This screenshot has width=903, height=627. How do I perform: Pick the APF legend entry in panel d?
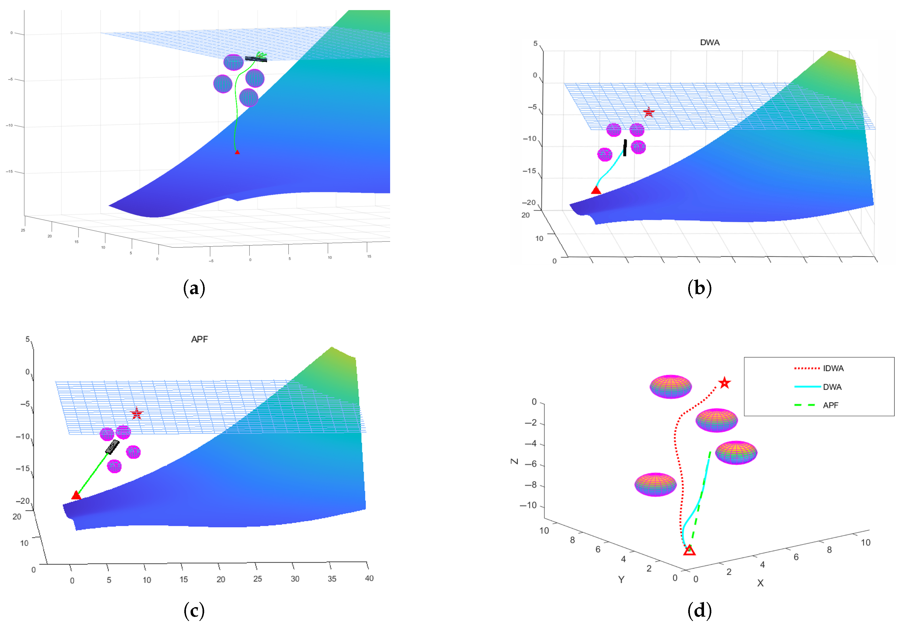830,405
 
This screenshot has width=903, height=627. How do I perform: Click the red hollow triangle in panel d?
689,550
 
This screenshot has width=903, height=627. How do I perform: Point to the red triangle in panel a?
237,152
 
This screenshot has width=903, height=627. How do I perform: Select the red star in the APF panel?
136,413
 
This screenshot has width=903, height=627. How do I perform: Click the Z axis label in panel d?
514,461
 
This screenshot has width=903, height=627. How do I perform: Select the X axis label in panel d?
760,583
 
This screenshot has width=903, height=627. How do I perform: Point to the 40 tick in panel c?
369,578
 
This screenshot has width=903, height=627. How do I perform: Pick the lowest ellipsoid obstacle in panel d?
655,484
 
